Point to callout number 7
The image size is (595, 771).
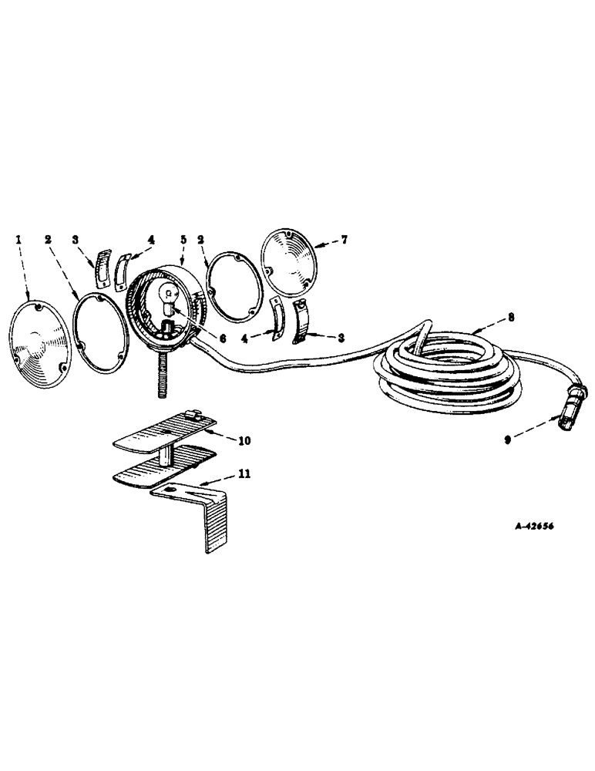343,241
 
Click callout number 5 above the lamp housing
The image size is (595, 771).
183,240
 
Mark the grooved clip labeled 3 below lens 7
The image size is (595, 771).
306,324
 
